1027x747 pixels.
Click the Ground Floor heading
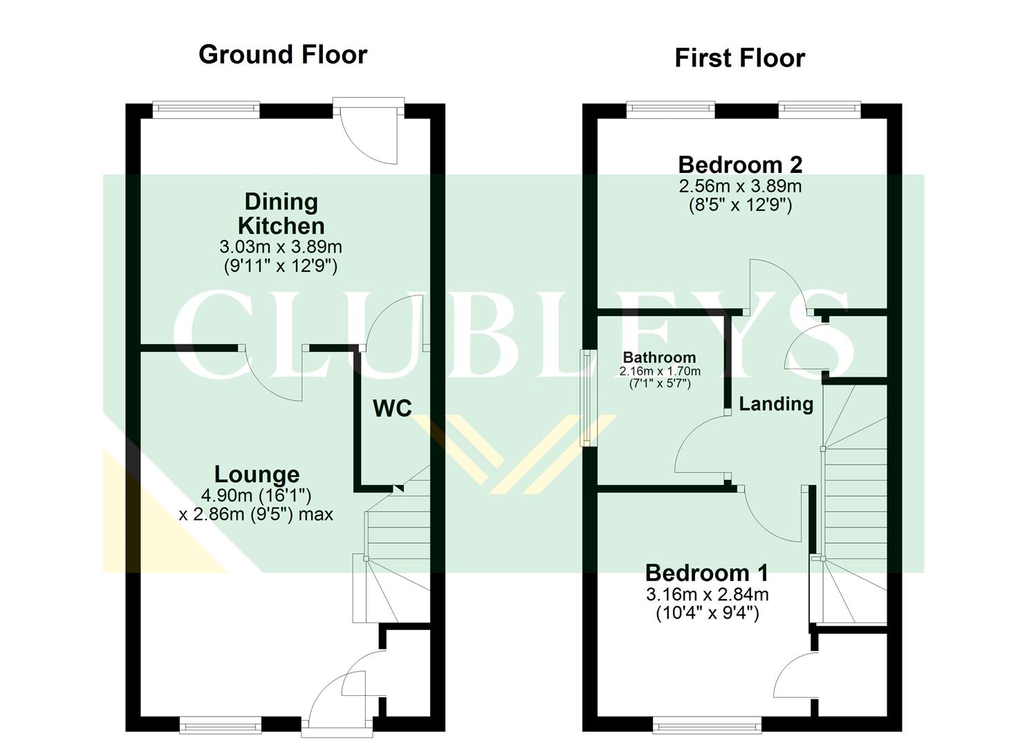[282, 55]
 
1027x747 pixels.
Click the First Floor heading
[739, 58]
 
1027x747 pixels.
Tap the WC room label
[392, 408]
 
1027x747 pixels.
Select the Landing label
[776, 404]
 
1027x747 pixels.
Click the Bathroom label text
[659, 358]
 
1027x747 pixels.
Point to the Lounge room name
[257, 474]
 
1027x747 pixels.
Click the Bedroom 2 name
[740, 165]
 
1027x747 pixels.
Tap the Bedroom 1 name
[707, 573]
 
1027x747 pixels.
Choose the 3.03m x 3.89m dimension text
[281, 247]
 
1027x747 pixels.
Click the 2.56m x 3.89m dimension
[740, 186]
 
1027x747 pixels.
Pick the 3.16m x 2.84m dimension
[707, 594]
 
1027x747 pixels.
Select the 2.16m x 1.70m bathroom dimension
[660, 371]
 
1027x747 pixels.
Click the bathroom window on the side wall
[588, 398]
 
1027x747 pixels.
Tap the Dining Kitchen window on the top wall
[205, 107]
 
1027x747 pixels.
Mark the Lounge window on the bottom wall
[220, 726]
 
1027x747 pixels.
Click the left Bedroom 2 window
[670, 107]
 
